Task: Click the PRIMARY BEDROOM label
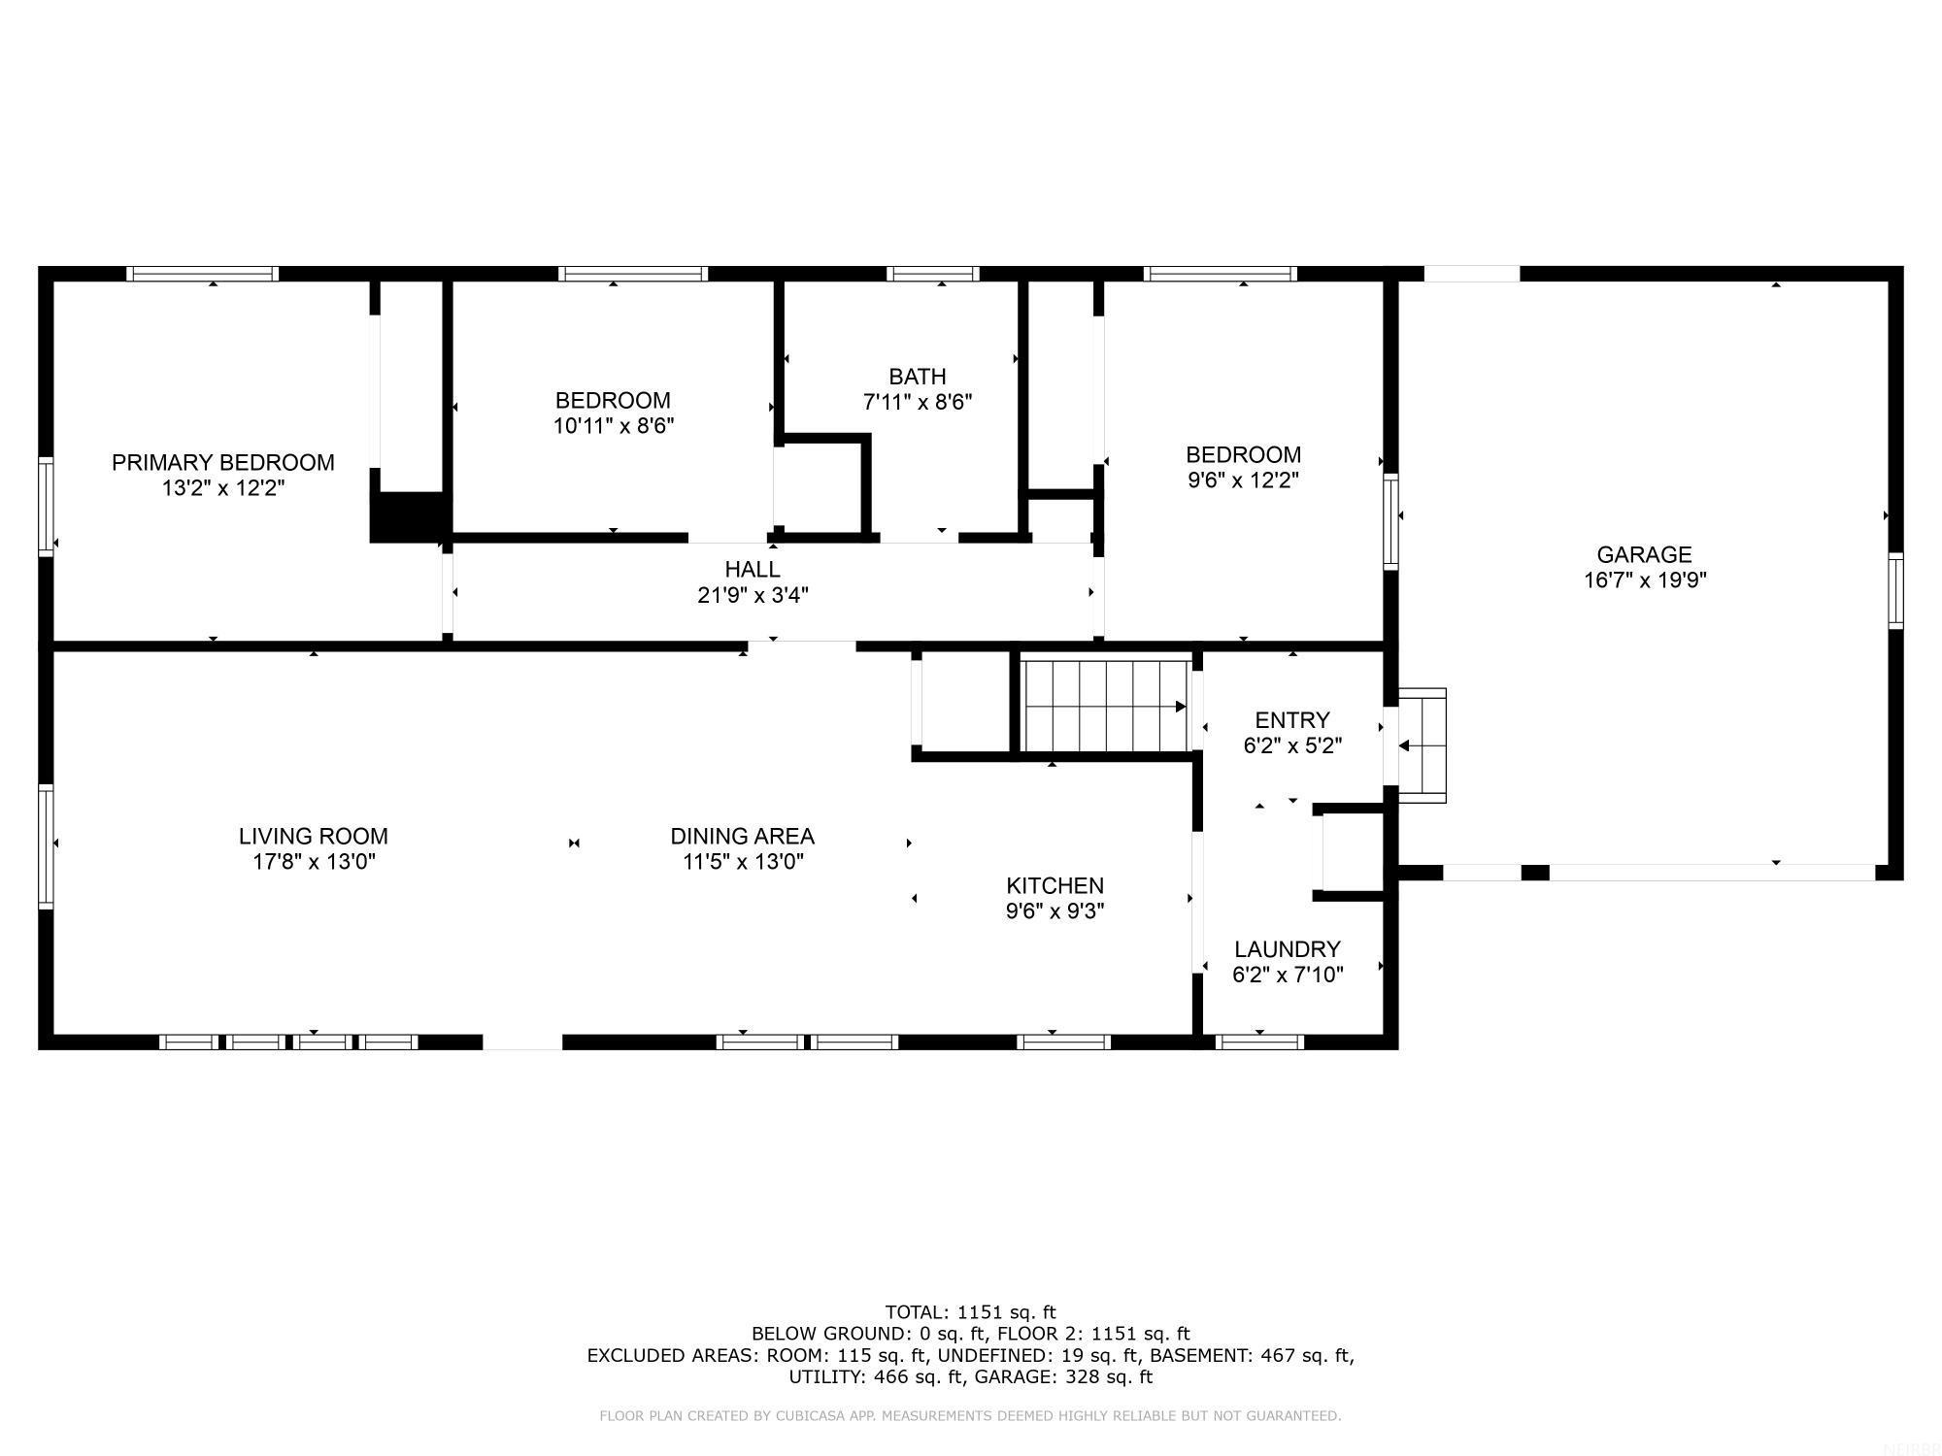(x=222, y=462)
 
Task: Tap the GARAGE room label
(x=1644, y=554)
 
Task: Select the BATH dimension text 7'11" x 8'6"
(x=917, y=402)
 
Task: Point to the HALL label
(x=752, y=570)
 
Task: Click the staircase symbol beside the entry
(x=1105, y=706)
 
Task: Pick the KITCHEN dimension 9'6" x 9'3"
(x=1055, y=911)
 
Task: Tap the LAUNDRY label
(x=1287, y=949)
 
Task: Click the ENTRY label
(x=1291, y=720)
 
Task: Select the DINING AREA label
(x=742, y=836)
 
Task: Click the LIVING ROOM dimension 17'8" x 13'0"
(x=314, y=862)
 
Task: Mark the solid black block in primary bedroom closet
(x=408, y=516)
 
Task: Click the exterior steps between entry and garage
(x=1423, y=745)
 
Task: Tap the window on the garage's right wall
(x=1895, y=590)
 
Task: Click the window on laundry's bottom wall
(x=1258, y=1042)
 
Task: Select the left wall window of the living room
(x=46, y=845)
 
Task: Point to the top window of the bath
(x=934, y=274)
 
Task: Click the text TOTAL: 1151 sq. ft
(x=970, y=1312)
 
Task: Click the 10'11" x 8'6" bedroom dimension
(x=613, y=426)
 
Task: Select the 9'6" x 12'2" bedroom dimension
(x=1243, y=480)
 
